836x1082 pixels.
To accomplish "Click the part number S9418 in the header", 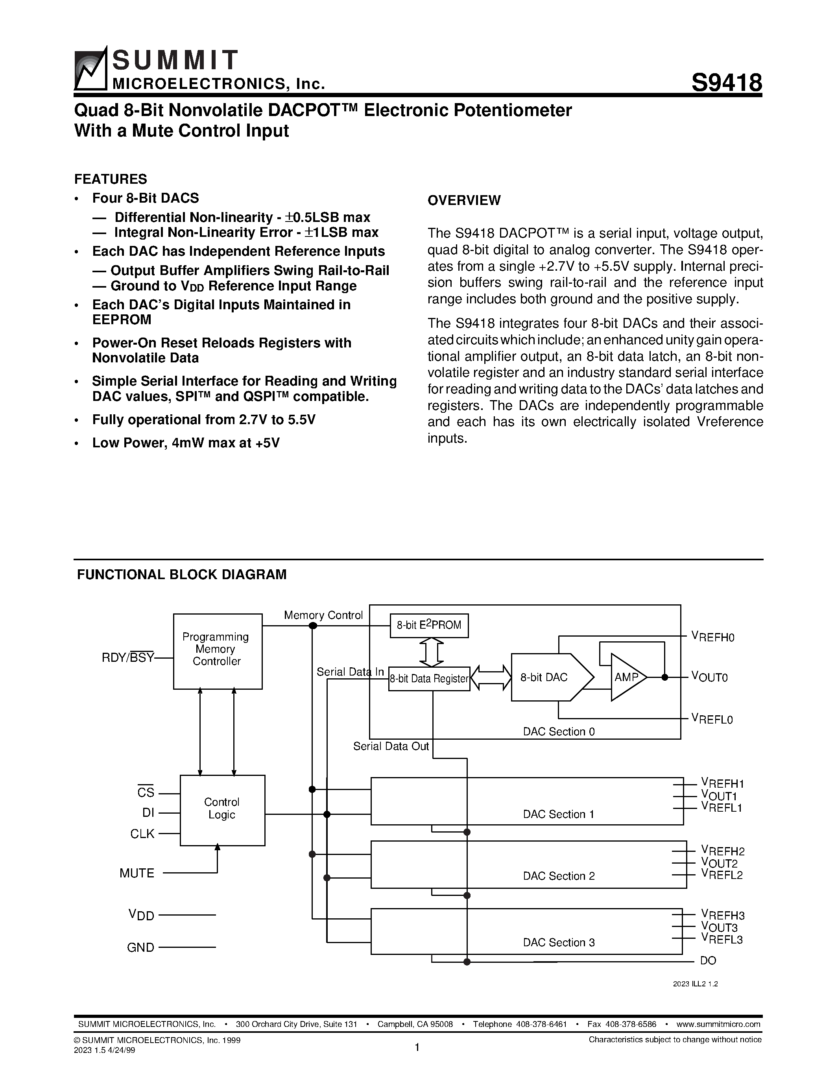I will [726, 82].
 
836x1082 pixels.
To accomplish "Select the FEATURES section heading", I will [111, 179].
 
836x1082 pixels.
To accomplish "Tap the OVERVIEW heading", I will [464, 201].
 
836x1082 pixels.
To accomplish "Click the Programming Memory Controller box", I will [218, 651].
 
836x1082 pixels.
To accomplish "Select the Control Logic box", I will [222, 809].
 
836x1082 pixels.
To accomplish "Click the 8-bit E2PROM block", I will [429, 625].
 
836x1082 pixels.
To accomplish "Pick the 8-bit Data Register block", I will [429, 679].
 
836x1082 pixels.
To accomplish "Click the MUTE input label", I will [137, 873].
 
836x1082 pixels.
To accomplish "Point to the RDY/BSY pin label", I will [128, 658].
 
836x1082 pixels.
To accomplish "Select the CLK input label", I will [143, 834].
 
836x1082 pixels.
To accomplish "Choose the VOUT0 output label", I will [709, 677].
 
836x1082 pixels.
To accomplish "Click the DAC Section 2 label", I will [559, 876].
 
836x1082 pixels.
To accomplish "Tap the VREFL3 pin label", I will [722, 938].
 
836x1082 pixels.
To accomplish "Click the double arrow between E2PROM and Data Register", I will [431, 652].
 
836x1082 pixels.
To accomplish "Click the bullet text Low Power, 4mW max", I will [186, 443].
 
